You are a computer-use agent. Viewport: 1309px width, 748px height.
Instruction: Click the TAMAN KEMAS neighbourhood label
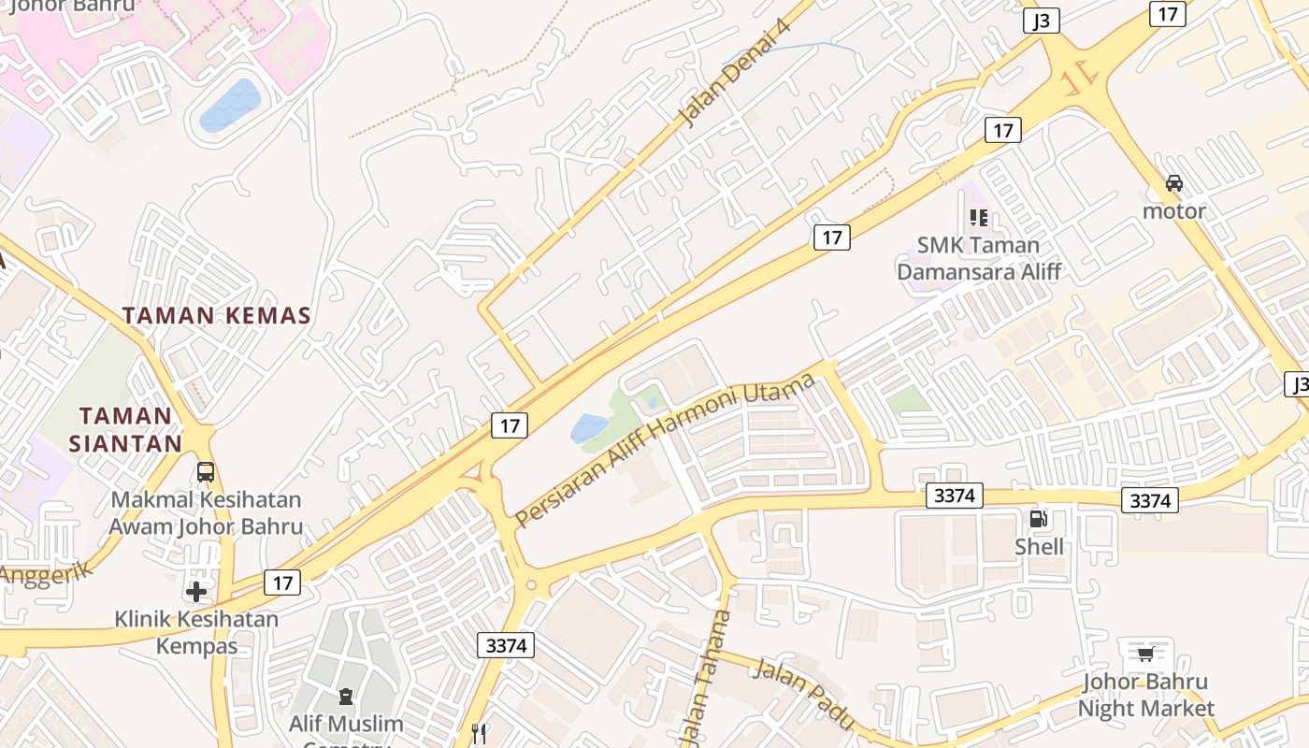tap(216, 316)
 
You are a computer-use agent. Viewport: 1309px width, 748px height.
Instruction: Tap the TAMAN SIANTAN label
tap(125, 429)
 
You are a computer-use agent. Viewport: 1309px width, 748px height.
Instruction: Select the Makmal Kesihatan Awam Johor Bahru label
tap(206, 513)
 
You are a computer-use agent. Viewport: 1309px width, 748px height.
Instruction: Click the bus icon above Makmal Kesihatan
tap(206, 472)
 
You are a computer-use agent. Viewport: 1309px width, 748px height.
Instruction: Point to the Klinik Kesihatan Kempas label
tap(196, 632)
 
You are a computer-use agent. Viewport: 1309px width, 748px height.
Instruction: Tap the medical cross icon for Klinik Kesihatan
tap(196, 591)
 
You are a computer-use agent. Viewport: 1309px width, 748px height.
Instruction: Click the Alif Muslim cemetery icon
tap(346, 697)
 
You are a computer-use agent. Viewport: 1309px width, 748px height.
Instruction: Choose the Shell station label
tap(1040, 546)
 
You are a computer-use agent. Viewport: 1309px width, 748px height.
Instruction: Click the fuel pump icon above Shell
tap(1038, 519)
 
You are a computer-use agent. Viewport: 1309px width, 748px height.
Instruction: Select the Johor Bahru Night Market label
tap(1145, 695)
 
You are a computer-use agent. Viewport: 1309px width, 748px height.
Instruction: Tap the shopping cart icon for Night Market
tap(1146, 653)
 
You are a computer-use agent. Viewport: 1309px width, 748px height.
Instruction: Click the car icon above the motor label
tap(1174, 183)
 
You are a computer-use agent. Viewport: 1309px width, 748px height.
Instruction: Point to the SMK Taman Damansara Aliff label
tap(979, 258)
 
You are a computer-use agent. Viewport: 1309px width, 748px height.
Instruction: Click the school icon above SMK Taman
tap(979, 218)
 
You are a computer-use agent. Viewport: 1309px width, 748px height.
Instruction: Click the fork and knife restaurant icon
tap(480, 734)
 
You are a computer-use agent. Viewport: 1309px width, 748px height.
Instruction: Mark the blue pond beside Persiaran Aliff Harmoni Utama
tap(589, 428)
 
